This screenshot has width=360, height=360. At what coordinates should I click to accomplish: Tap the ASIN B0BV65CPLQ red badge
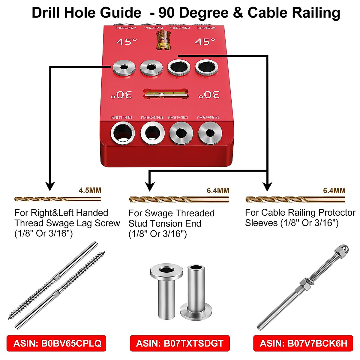[56, 343]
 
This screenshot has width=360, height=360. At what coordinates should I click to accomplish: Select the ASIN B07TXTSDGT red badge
[180, 343]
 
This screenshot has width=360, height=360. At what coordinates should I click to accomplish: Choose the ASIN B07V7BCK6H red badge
[303, 343]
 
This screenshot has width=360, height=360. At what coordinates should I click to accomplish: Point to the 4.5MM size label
[90, 190]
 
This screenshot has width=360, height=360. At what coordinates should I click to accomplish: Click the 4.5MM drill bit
[57, 199]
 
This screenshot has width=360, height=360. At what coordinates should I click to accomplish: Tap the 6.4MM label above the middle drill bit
[218, 190]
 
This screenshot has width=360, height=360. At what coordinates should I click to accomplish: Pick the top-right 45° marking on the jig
[205, 41]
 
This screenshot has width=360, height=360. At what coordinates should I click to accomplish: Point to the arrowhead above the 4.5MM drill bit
[50, 186]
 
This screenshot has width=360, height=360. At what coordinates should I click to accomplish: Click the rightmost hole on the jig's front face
[210, 133]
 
